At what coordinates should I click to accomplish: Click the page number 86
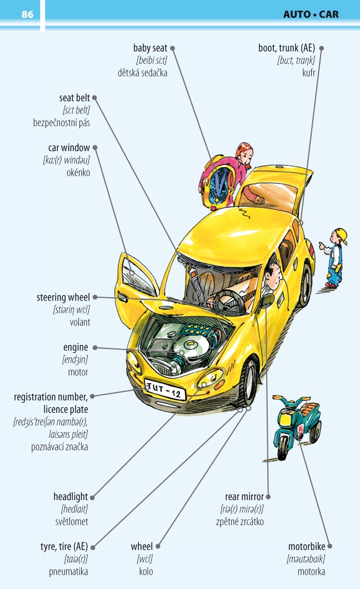click(27, 14)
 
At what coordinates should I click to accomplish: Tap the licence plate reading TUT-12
click(165, 390)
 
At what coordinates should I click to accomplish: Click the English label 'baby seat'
click(150, 48)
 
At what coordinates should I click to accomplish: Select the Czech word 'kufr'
click(308, 72)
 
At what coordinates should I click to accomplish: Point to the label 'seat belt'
click(74, 98)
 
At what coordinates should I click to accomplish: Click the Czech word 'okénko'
click(78, 172)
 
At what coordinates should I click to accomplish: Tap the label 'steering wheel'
click(63, 297)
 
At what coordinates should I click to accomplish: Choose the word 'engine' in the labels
click(76, 347)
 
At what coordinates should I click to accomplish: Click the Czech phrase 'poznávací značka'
click(59, 447)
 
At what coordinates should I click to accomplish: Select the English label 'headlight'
click(71, 497)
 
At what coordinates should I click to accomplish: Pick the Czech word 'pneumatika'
click(68, 571)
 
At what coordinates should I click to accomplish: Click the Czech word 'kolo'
click(146, 571)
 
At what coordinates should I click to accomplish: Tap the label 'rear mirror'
click(244, 496)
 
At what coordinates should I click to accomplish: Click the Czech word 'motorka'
click(311, 571)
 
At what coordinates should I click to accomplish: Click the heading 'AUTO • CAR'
click(311, 14)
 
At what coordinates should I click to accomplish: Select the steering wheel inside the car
click(228, 300)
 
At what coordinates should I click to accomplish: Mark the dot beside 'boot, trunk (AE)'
click(321, 48)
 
